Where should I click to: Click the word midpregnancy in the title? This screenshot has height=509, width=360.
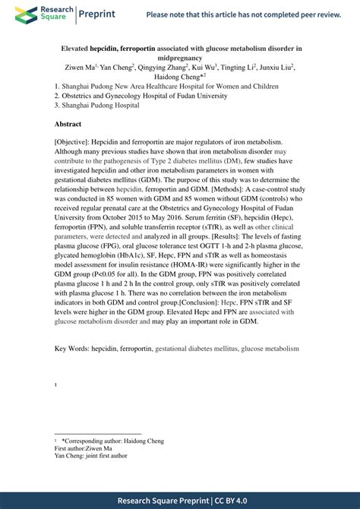point(180,57)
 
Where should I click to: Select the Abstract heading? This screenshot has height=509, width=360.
point(72,123)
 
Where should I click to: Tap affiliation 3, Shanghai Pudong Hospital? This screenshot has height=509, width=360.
point(97,106)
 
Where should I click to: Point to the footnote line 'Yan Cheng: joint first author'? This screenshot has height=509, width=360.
point(91,456)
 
